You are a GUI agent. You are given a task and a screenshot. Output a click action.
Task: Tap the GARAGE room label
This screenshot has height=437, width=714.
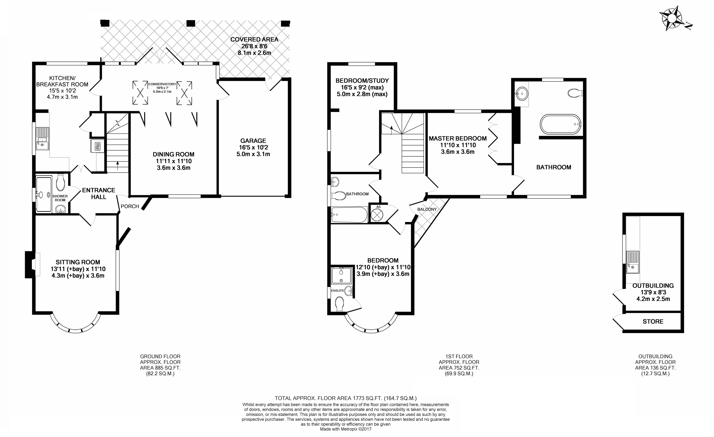point(253,141)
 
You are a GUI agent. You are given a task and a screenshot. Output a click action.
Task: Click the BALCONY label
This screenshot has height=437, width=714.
point(427,209)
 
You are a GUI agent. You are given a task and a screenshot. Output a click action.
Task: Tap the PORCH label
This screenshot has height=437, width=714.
point(130,206)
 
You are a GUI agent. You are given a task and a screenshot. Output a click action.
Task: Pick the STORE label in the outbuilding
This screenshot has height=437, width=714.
point(653,322)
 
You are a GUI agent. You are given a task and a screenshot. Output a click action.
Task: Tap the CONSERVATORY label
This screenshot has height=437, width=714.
point(162,84)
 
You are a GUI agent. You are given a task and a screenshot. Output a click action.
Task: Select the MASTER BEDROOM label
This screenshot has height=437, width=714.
point(458,138)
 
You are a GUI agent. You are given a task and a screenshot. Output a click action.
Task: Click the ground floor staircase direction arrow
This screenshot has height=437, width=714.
point(117,166)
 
